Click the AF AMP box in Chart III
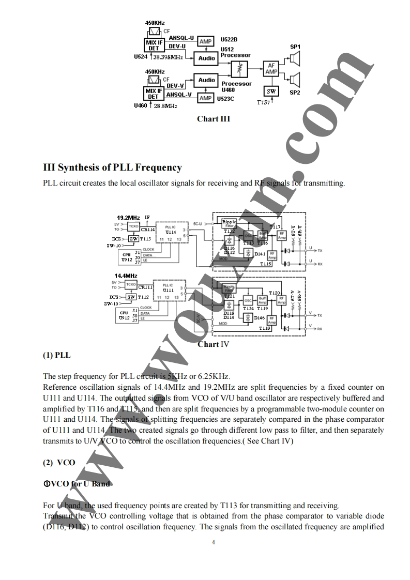(271, 69)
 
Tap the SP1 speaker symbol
(295, 61)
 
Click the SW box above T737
(271, 91)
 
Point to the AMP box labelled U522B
(206, 41)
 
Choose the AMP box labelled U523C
(206, 98)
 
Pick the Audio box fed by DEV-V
(207, 80)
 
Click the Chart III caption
(213, 119)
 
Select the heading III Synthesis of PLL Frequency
(112, 167)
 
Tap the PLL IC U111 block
(169, 288)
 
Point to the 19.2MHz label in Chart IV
(128, 217)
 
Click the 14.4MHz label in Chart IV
(126, 276)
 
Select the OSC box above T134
(248, 301)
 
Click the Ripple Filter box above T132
(229, 223)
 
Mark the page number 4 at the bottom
(213, 542)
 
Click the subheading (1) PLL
(57, 355)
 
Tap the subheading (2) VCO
(59, 463)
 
